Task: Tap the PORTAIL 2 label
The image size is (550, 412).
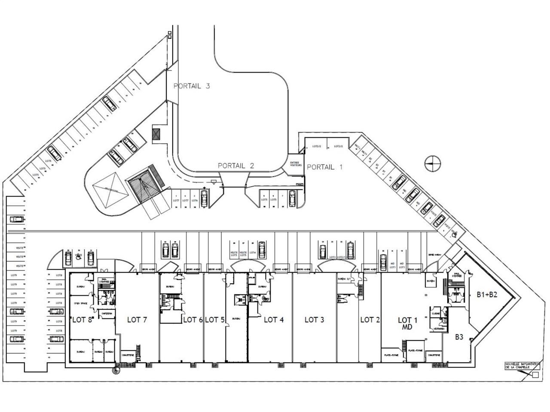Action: click(x=236, y=166)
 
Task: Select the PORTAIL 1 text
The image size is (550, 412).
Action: click(x=324, y=167)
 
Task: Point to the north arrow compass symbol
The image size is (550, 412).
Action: click(x=431, y=163)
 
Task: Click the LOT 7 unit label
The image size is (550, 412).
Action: click(x=137, y=320)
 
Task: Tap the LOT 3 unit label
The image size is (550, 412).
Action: click(x=314, y=320)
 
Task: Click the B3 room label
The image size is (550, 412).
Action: click(x=459, y=337)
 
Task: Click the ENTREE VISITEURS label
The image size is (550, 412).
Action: click(x=296, y=164)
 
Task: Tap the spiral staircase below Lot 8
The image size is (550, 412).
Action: click(x=116, y=370)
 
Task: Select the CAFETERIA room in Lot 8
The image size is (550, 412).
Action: click(x=107, y=314)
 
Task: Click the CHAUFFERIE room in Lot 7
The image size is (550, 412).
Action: click(x=128, y=355)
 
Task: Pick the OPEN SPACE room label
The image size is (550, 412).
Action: click(x=80, y=303)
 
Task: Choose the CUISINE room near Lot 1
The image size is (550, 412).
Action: click(x=435, y=314)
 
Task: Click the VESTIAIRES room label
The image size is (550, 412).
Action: click(x=439, y=328)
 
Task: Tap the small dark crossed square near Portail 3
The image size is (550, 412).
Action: click(x=156, y=134)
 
